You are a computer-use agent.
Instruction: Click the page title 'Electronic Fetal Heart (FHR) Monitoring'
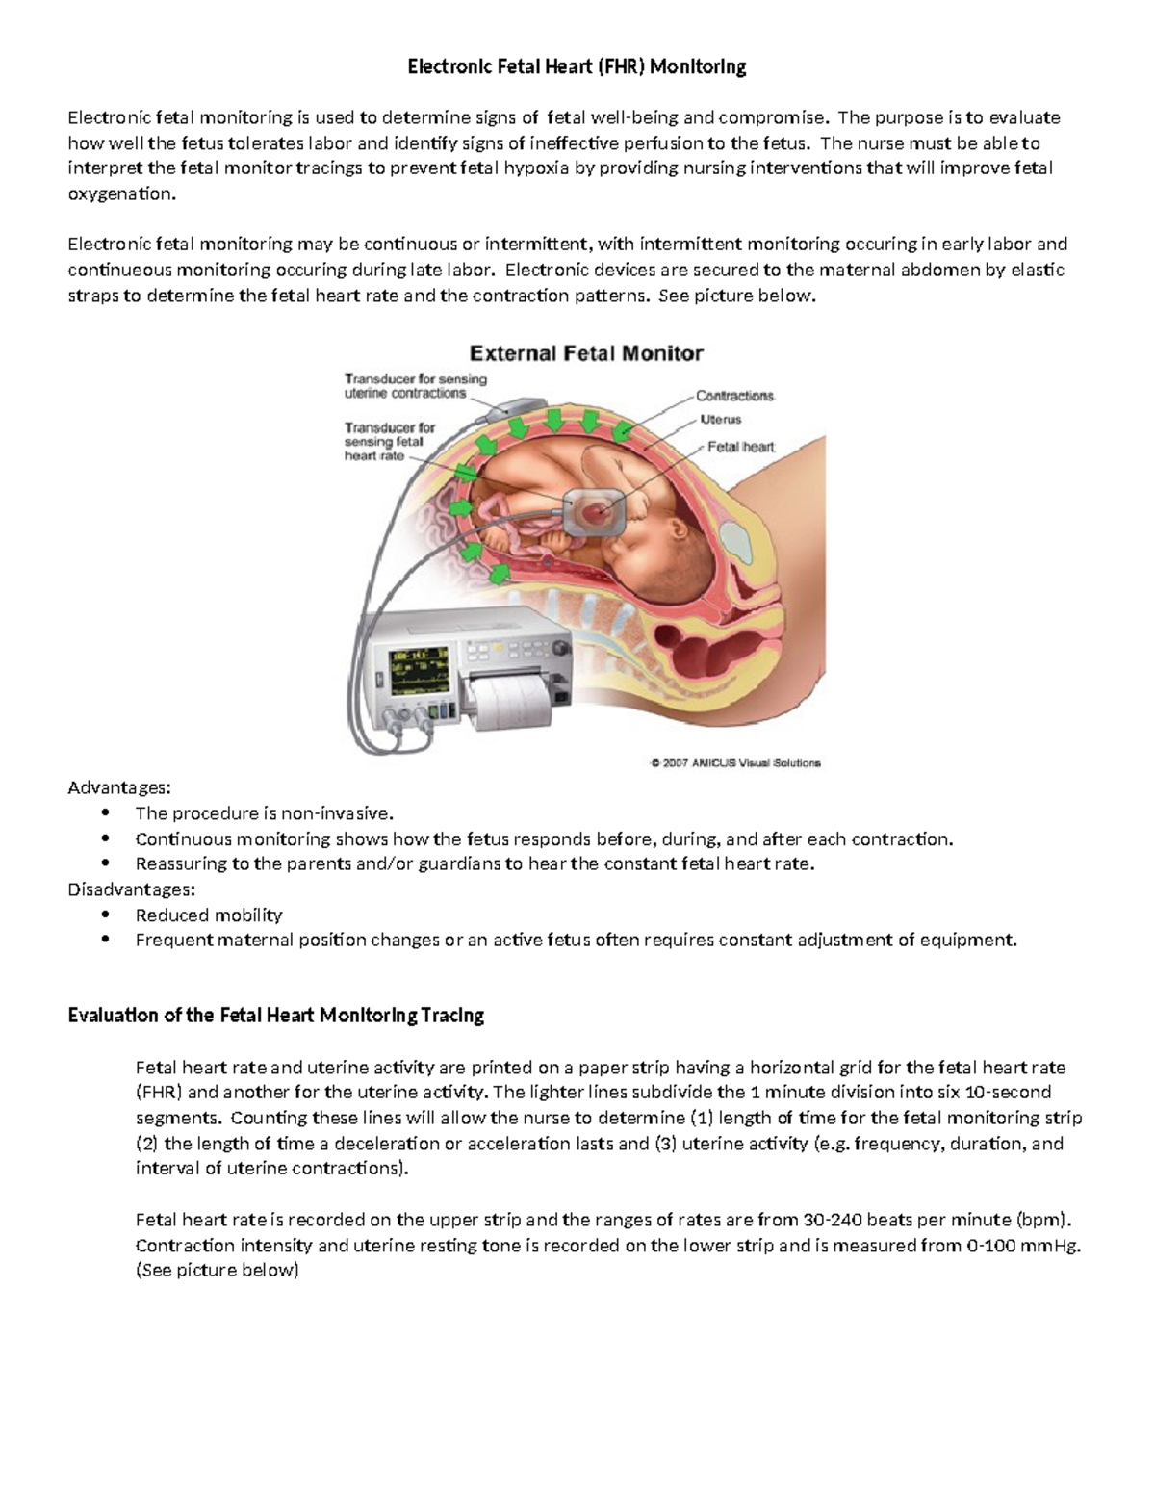[577, 66]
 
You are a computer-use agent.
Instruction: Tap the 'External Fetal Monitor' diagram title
[585, 353]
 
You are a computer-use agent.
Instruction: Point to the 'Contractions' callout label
[734, 396]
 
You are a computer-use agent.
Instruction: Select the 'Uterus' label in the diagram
[720, 420]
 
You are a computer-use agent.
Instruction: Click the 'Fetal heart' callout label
[740, 447]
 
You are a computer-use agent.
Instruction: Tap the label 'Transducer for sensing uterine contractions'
[415, 385]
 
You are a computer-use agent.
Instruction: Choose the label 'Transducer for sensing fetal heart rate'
[390, 441]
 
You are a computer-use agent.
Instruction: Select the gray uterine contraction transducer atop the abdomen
[506, 404]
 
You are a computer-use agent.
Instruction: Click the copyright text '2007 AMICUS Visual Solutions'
[735, 762]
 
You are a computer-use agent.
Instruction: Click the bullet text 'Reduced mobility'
[209, 915]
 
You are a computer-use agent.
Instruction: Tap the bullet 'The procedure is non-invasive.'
[265, 813]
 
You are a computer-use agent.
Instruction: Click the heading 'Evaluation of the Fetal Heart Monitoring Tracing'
[275, 1015]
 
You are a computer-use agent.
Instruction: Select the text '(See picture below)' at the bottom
[218, 1270]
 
